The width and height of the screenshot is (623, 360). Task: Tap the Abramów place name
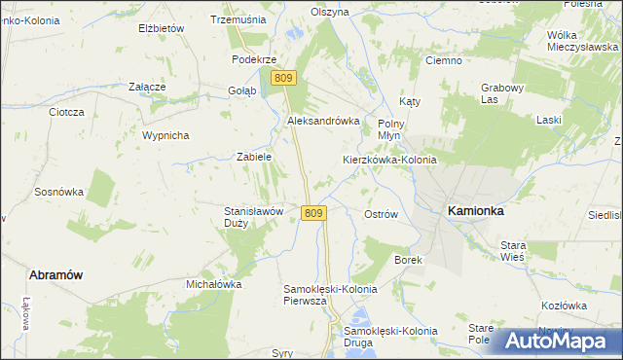tap(55, 275)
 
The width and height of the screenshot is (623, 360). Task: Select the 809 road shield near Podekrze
tap(283, 78)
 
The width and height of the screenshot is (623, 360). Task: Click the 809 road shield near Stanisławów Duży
tap(312, 213)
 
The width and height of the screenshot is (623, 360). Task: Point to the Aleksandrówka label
tap(323, 121)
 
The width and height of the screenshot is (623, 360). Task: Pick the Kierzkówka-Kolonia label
tap(389, 159)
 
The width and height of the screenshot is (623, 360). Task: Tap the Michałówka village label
tap(213, 284)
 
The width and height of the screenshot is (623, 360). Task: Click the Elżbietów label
tap(162, 28)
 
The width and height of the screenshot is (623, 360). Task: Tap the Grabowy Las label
tap(502, 93)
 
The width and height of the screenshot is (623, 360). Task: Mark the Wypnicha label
tap(165, 135)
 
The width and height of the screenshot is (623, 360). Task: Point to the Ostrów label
tap(381, 214)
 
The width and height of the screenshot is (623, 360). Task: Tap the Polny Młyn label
tap(390, 130)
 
